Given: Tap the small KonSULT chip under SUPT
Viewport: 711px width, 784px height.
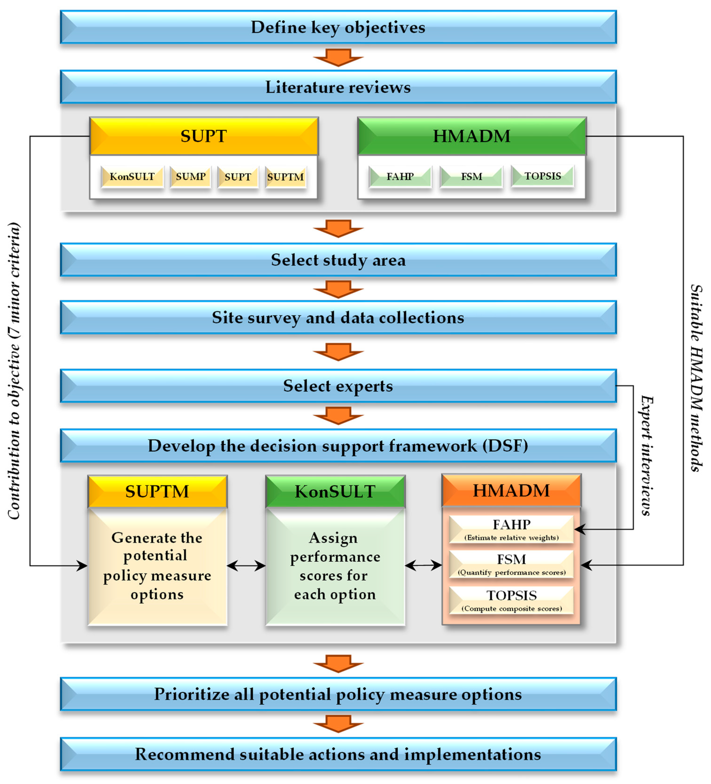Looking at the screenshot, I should point(132,177).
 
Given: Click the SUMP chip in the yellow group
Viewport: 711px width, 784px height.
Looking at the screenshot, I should point(190,177).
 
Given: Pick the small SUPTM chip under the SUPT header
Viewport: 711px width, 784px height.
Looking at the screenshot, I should point(285,177).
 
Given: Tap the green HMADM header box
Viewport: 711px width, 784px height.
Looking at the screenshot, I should point(472,136).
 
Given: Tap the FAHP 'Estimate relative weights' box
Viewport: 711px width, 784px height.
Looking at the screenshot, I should point(511,529).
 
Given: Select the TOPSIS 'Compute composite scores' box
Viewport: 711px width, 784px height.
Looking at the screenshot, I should point(511,600).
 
